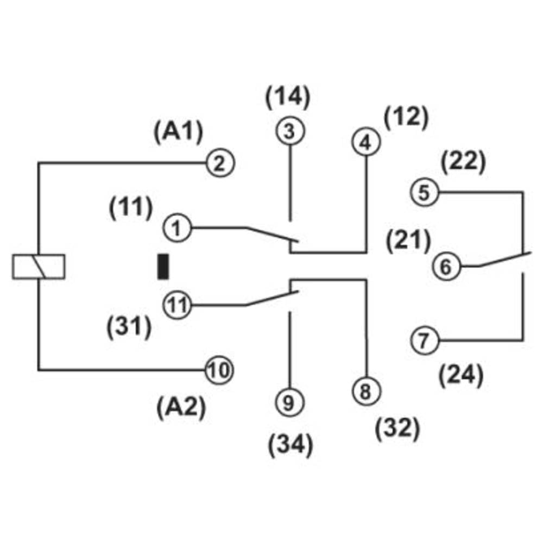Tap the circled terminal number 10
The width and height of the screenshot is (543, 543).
pyautogui.click(x=218, y=371)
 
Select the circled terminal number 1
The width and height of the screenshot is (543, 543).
pyautogui.click(x=176, y=228)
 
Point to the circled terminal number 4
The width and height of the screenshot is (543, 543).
pyautogui.click(x=366, y=143)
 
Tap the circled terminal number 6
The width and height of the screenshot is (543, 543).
pyautogui.click(x=445, y=267)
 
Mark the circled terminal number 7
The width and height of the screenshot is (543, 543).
pyautogui.click(x=424, y=341)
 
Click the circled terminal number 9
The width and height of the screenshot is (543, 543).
pyautogui.click(x=289, y=402)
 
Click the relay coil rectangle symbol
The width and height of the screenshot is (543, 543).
pyautogui.click(x=39, y=267)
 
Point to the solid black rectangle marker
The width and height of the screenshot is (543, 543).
pyautogui.click(x=163, y=267)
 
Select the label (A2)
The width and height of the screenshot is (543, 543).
pyautogui.click(x=181, y=407)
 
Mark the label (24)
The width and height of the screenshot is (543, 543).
pyautogui.click(x=460, y=376)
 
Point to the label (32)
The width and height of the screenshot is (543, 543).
pyautogui.click(x=398, y=429)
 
